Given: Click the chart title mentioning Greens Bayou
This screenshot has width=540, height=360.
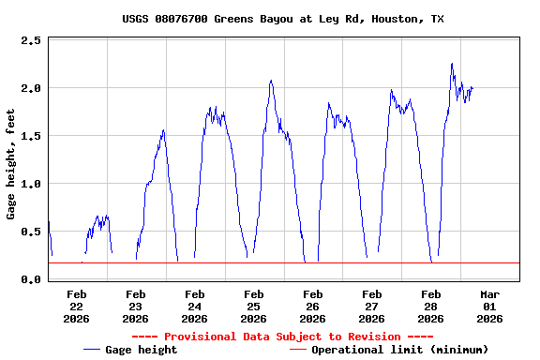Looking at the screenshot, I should [x=282, y=19].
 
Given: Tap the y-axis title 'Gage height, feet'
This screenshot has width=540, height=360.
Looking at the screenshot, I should [x=11, y=161].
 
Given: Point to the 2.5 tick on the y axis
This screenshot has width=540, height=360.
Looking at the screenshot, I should [x=30, y=41].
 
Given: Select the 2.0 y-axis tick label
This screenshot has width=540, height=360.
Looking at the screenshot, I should [x=30, y=89].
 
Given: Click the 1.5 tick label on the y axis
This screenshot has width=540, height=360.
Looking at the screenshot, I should [x=30, y=137].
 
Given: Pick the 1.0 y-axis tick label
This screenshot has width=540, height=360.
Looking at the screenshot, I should [x=30, y=185].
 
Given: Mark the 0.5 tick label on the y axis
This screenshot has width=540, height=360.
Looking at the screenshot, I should [x=30, y=232].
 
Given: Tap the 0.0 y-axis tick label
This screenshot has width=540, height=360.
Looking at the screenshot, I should [x=30, y=280].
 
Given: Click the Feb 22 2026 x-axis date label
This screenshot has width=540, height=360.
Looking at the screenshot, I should [x=77, y=306].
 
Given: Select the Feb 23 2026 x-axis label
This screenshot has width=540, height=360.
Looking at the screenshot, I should [x=135, y=306].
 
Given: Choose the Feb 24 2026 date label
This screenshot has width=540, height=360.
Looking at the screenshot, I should [x=194, y=306].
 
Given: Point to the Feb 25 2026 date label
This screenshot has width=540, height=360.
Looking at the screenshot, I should [x=253, y=306].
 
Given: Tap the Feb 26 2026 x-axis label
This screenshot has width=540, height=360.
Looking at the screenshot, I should [x=312, y=306].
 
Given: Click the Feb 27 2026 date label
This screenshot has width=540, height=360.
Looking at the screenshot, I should [x=371, y=306].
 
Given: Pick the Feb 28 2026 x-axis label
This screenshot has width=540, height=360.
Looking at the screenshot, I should [x=430, y=306].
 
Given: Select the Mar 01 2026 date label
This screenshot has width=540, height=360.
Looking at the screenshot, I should [x=489, y=306].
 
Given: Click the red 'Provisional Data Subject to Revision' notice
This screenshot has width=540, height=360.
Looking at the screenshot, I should [x=282, y=337].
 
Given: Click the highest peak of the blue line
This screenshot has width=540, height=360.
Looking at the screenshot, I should [x=452, y=64].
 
